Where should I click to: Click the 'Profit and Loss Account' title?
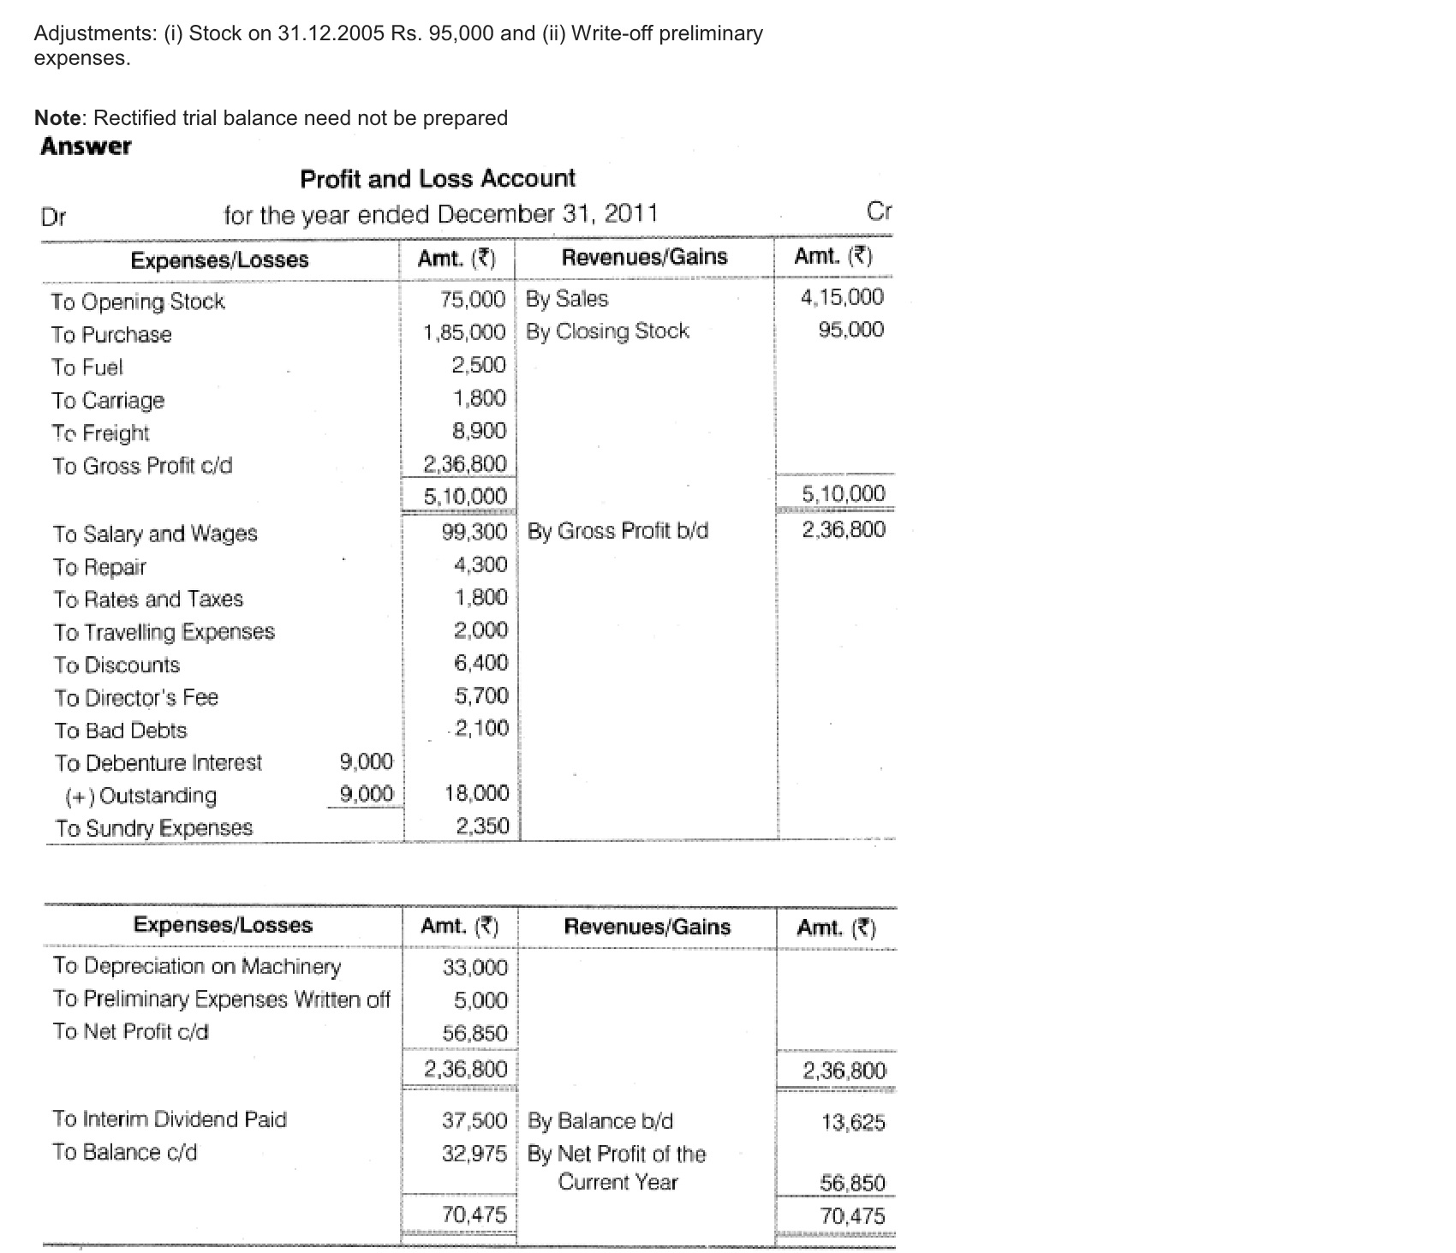[438, 178]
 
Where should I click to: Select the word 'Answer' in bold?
[86, 146]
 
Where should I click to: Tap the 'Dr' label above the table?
[53, 217]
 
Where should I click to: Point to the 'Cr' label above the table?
[880, 212]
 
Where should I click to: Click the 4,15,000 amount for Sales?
[842, 297]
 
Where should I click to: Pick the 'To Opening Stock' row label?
[137, 301]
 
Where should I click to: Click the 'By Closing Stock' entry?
[607, 331]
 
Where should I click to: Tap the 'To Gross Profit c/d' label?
[142, 466]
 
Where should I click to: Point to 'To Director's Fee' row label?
[136, 698]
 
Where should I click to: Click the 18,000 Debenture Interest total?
[476, 793]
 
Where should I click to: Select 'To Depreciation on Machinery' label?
[197, 966]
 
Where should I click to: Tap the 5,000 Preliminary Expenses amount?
[480, 1000]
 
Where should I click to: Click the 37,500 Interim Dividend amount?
[474, 1120]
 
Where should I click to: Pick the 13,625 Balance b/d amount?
[853, 1122]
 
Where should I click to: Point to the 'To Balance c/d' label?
[125, 1152]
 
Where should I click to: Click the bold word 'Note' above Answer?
[57, 117]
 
